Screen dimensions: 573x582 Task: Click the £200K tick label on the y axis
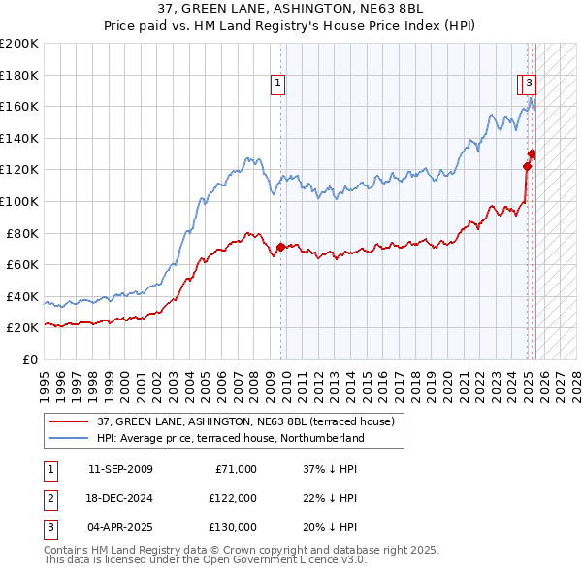click(x=19, y=43)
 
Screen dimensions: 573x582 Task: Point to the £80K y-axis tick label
click(x=22, y=233)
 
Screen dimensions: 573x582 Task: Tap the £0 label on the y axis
click(x=30, y=359)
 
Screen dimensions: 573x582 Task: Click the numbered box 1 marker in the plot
click(x=277, y=84)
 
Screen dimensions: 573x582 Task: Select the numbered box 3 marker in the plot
click(x=530, y=84)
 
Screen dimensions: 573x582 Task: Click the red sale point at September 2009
click(x=280, y=247)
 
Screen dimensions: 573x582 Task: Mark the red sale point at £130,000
click(x=533, y=153)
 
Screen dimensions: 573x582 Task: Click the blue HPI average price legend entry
click(x=230, y=438)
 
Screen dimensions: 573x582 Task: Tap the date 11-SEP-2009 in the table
click(x=120, y=469)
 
